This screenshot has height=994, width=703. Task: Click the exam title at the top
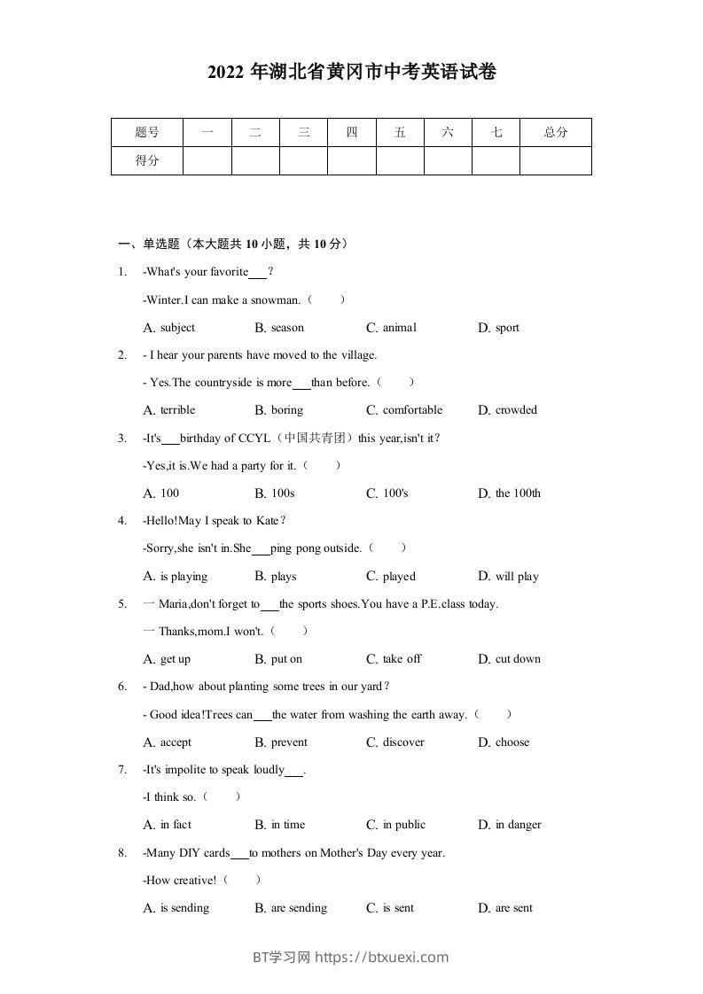pyautogui.click(x=351, y=73)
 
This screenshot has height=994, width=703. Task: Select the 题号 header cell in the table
pyautogui.click(x=147, y=133)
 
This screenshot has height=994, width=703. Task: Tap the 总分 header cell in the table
pyautogui.click(x=555, y=133)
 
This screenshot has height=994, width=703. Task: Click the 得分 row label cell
pyautogui.click(x=147, y=160)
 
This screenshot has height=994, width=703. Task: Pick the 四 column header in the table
pyautogui.click(x=352, y=133)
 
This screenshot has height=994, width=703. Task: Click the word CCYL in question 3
pyautogui.click(x=253, y=438)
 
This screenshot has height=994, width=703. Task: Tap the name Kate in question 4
pyautogui.click(x=267, y=521)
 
